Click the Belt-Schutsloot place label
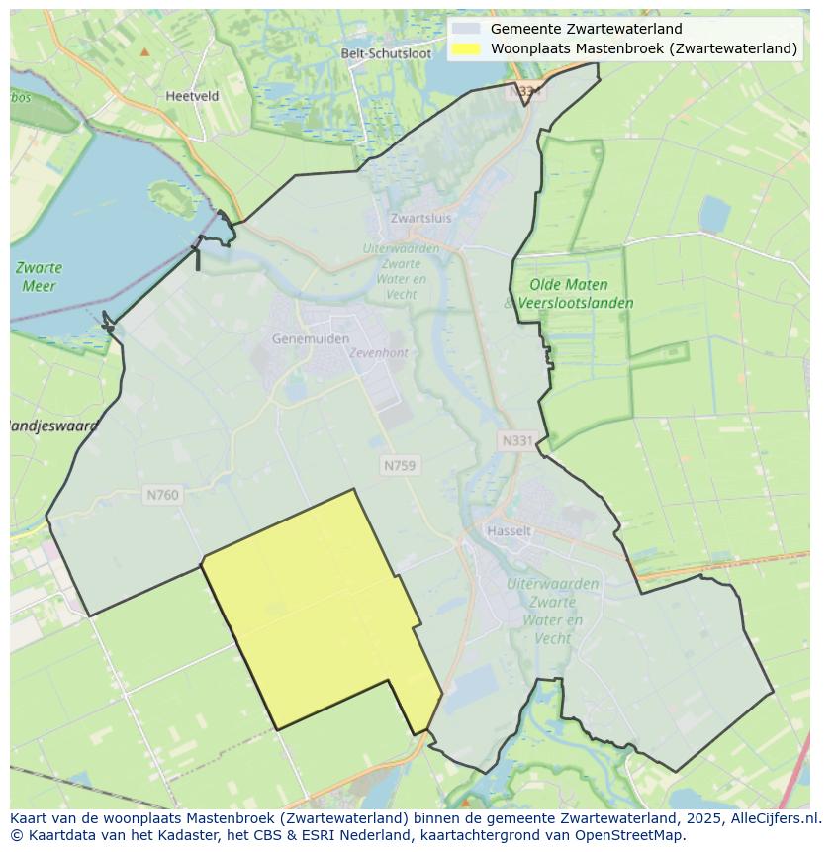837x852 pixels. tap(386, 53)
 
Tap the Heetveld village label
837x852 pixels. tap(192, 96)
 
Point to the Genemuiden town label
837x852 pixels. tap(311, 338)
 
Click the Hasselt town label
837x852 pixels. tap(509, 530)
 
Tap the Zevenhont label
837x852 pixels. tap(379, 352)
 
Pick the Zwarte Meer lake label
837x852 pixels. tap(40, 276)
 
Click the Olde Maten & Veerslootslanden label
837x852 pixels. tap(570, 294)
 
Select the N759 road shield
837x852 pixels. tap(400, 465)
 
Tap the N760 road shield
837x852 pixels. tap(162, 494)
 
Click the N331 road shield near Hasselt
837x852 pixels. tap(516, 441)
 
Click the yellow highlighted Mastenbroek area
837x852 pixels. tap(317, 614)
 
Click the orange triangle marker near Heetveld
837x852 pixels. tap(145, 51)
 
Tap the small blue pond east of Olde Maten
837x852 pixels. tap(714, 214)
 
